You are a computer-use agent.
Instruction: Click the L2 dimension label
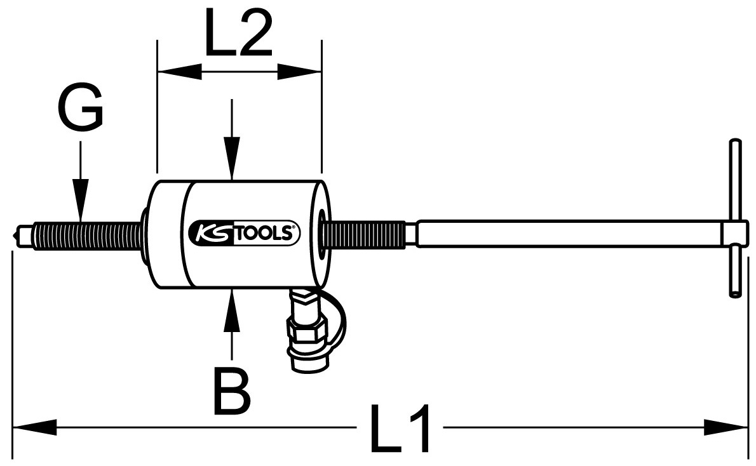click(x=239, y=33)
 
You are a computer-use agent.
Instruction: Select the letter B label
click(x=233, y=392)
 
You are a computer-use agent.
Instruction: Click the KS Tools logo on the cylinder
click(x=244, y=233)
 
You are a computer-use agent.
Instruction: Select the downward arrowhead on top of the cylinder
click(x=233, y=159)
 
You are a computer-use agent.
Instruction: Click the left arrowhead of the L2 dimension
click(x=179, y=72)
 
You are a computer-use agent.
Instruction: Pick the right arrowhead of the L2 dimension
click(x=299, y=72)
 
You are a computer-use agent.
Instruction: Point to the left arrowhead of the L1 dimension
click(x=34, y=427)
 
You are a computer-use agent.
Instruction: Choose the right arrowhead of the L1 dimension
click(x=726, y=427)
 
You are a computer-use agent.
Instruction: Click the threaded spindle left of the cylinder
click(x=88, y=235)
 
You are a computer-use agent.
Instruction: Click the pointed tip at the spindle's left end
click(x=17, y=235)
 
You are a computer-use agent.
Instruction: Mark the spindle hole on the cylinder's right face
click(x=321, y=233)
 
